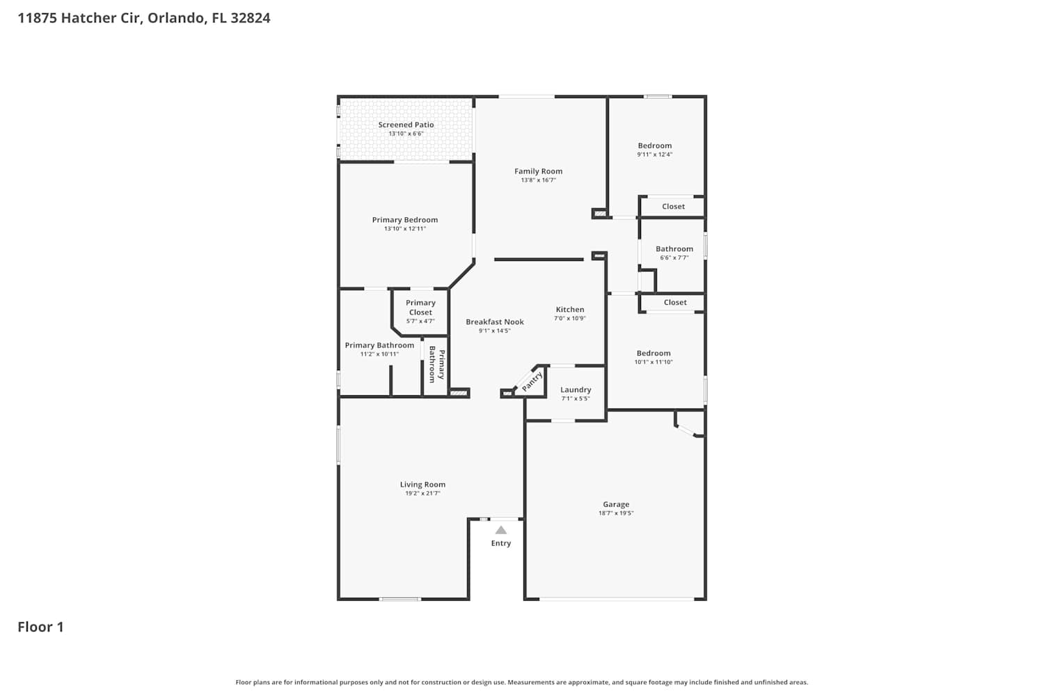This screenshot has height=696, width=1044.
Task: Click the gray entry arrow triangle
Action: [x=501, y=530]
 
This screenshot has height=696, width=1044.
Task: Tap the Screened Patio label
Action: [x=406, y=125]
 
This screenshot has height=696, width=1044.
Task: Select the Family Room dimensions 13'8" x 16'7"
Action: [x=538, y=180]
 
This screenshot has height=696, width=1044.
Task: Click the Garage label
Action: [x=616, y=504]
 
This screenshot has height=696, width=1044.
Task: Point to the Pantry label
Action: [x=532, y=381]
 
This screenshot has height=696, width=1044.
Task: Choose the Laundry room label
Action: [x=576, y=389]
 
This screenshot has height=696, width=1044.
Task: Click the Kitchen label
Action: [x=570, y=309]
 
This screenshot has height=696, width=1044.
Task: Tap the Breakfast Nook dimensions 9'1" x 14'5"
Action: [x=494, y=331]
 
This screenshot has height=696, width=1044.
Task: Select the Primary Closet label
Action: [x=420, y=307]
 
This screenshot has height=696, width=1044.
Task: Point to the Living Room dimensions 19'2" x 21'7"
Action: [x=422, y=493]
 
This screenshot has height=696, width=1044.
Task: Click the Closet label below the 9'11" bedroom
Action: [x=674, y=206]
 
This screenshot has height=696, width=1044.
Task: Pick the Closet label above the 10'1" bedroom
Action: [x=675, y=302]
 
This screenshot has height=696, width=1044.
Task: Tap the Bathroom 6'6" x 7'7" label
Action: [x=674, y=253]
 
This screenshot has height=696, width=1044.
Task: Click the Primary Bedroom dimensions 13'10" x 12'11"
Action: [x=405, y=228]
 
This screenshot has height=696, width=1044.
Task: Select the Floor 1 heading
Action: [x=40, y=626]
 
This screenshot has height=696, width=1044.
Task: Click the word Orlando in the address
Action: [x=176, y=17]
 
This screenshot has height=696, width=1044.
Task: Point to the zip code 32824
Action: [x=251, y=17]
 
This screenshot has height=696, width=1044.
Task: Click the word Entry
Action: [x=501, y=543]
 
